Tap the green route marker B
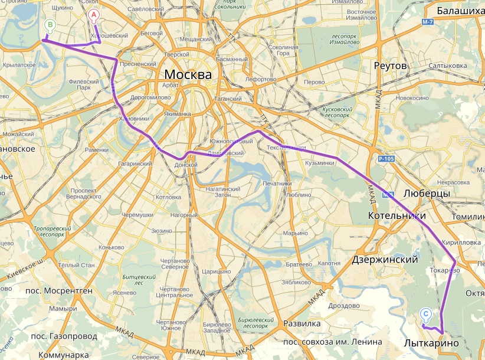(x=50, y=25)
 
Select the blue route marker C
(x=426, y=315)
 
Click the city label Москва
(x=188, y=75)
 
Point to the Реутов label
(x=391, y=66)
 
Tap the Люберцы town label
(x=427, y=194)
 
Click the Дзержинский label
(x=385, y=259)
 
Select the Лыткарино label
(x=431, y=343)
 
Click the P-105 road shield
(x=386, y=159)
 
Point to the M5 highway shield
(x=388, y=194)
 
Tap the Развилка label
(x=302, y=323)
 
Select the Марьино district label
(x=295, y=233)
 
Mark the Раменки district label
(x=96, y=150)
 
